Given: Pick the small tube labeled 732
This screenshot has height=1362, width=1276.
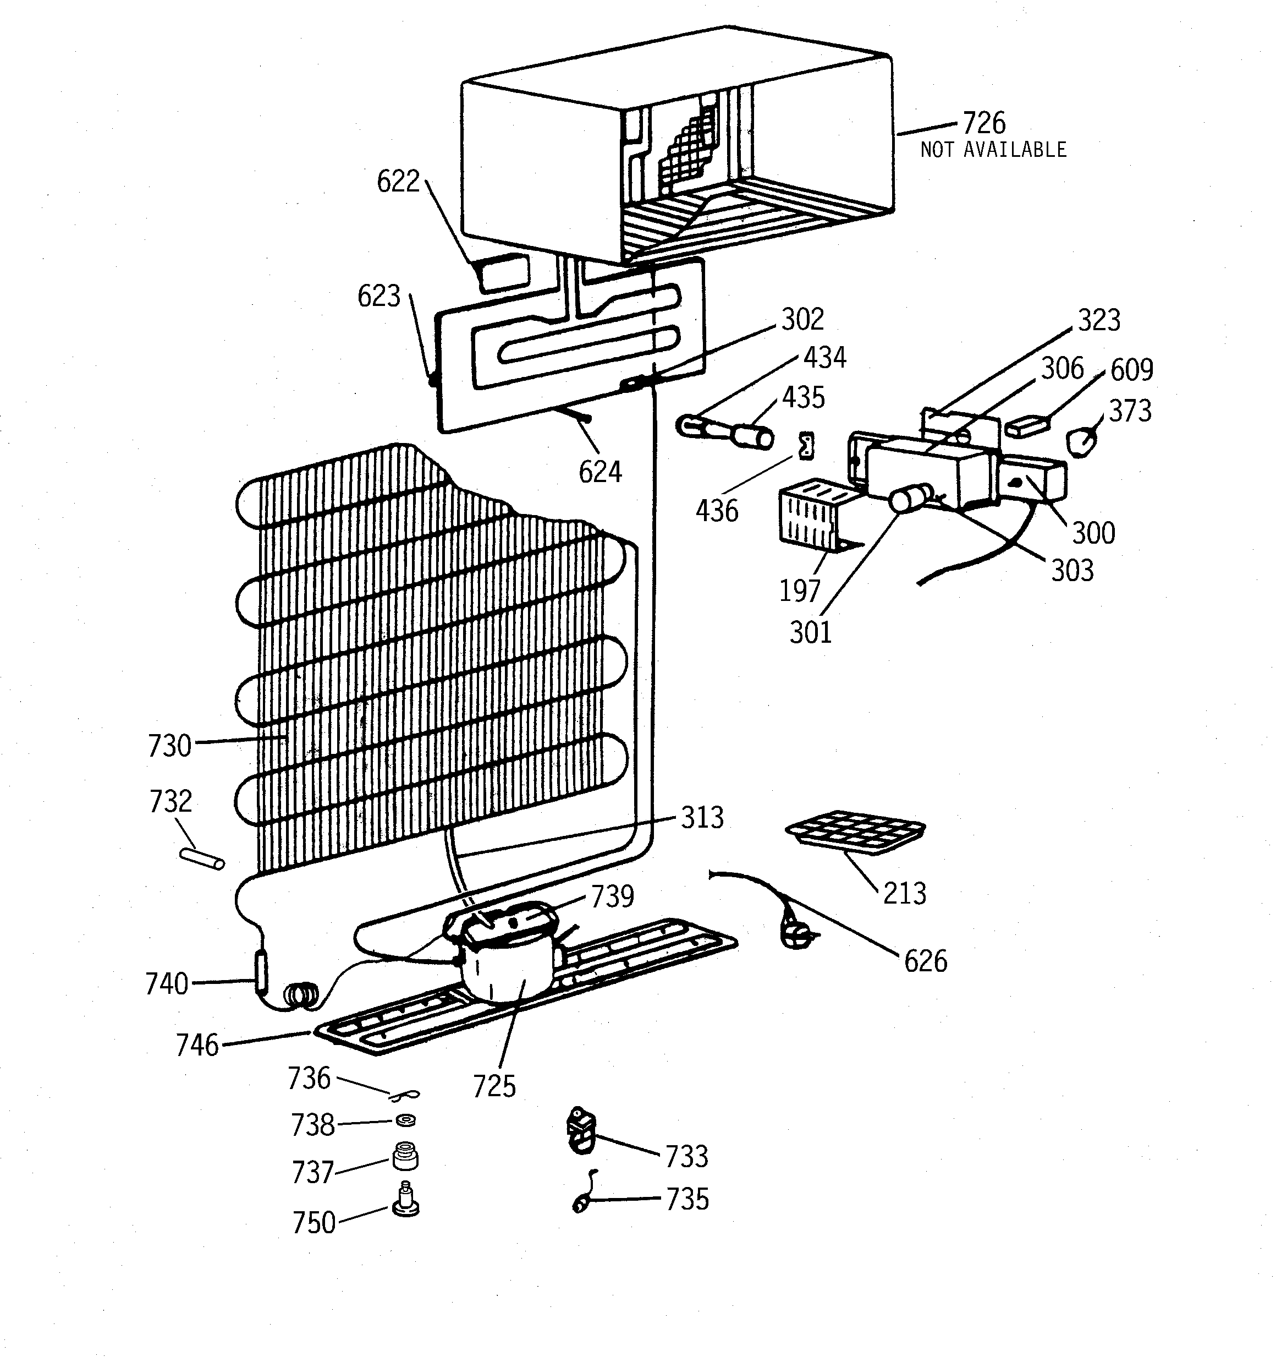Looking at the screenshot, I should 201,858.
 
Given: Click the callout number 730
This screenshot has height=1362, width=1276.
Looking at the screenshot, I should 169,746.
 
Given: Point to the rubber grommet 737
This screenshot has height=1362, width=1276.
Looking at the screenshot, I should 405,1157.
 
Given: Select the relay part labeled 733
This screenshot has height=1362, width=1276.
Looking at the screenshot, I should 581,1134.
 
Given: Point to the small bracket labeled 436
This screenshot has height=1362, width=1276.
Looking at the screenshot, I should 807,446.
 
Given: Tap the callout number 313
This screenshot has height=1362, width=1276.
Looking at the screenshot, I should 702,817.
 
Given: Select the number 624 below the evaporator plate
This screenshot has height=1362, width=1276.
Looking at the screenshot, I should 600,472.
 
